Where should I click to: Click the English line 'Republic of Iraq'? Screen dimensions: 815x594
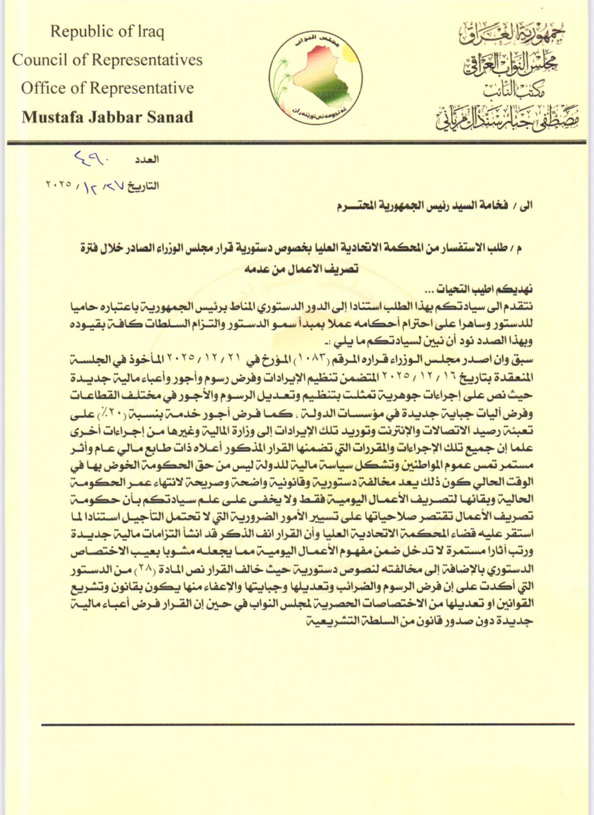pos(107,32)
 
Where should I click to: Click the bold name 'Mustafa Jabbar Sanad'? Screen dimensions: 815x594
pos(107,117)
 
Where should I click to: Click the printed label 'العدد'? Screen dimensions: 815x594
pos(147,159)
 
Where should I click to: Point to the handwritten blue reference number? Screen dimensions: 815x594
pos(93,158)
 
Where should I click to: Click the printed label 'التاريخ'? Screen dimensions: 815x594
pos(143,186)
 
